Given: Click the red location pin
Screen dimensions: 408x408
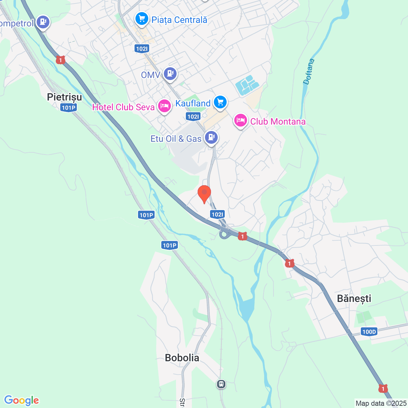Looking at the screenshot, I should (204, 193).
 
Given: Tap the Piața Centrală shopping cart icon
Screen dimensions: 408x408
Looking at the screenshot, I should (142, 18).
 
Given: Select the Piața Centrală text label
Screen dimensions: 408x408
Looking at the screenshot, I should (179, 20).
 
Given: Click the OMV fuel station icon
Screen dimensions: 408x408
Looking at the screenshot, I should (170, 74).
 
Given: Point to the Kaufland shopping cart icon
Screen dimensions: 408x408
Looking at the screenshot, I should (220, 102).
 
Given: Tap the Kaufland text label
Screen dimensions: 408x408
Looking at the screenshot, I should (193, 103).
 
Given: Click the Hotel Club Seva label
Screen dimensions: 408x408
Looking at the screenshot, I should (123, 107).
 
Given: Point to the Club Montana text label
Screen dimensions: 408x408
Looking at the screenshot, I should (278, 121).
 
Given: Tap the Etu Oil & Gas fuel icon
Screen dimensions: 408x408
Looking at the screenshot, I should (211, 137).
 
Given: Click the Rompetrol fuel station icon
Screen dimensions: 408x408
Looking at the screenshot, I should (43, 22).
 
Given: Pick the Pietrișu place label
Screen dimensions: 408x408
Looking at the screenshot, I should (64, 97).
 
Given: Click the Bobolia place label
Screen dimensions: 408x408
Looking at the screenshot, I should (182, 358).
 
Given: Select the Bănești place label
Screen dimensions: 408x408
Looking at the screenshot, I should (354, 298).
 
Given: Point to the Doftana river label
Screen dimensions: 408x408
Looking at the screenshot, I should (309, 72).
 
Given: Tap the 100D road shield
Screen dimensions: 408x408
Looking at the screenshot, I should (369, 331).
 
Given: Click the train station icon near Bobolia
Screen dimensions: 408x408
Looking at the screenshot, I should (221, 384).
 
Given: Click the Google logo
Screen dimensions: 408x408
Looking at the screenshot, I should (22, 400).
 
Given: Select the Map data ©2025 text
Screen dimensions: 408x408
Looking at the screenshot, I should (381, 403).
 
